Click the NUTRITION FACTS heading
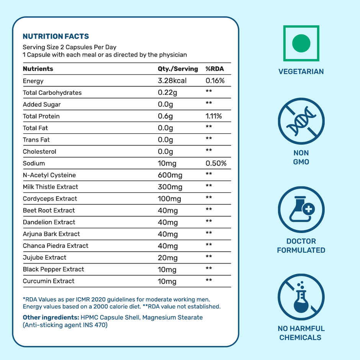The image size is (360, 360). click(x=56, y=36)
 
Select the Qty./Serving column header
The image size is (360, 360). click(x=178, y=69)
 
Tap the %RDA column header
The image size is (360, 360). click(x=215, y=69)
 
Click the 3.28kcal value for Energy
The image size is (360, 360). click(x=172, y=81)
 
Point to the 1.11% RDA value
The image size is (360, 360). click(x=214, y=116)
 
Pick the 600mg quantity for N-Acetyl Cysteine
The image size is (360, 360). click(x=170, y=175)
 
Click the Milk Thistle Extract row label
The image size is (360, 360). click(x=50, y=187)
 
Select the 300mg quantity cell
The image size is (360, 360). click(x=170, y=187)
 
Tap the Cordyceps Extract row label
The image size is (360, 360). click(x=50, y=198)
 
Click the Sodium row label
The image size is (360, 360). click(x=34, y=163)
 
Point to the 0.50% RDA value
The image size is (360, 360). click(x=216, y=163)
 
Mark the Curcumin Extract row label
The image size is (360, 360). click(x=49, y=281)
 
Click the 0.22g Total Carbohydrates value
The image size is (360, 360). click(x=167, y=93)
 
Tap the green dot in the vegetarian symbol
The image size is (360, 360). click(x=301, y=43)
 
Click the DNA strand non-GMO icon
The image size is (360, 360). click(x=301, y=121)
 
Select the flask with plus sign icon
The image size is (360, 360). click(x=301, y=210)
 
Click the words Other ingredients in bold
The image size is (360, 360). click(x=51, y=317)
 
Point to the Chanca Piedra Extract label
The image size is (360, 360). click(x=56, y=245)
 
